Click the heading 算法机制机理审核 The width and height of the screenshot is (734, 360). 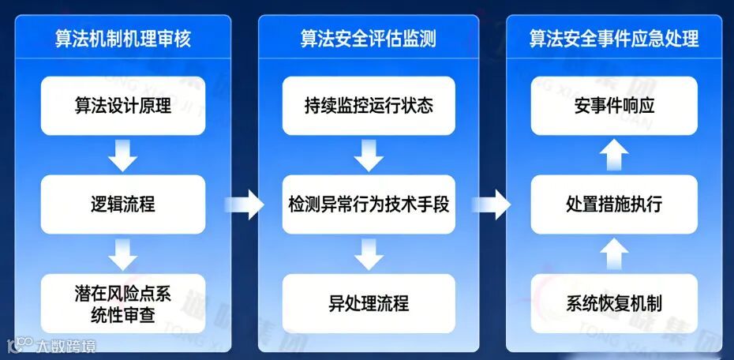122,38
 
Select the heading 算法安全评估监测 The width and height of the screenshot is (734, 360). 368,38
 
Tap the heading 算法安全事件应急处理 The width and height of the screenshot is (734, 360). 613,38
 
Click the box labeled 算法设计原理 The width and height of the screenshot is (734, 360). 122,105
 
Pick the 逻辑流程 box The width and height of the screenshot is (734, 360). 122,204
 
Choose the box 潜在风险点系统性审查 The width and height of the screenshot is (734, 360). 122,303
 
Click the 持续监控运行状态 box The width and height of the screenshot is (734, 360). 368,105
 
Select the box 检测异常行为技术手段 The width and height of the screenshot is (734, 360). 368,204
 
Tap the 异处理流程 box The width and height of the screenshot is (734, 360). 368,303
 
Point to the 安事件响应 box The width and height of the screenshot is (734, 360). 613,105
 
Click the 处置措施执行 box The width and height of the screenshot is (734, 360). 613,204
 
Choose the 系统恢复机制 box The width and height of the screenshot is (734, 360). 613,303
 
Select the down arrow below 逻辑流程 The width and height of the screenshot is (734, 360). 122,253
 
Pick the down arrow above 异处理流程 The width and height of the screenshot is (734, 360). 368,253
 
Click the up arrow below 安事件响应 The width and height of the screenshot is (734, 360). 613,155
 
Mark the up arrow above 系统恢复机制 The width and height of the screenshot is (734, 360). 613,253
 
